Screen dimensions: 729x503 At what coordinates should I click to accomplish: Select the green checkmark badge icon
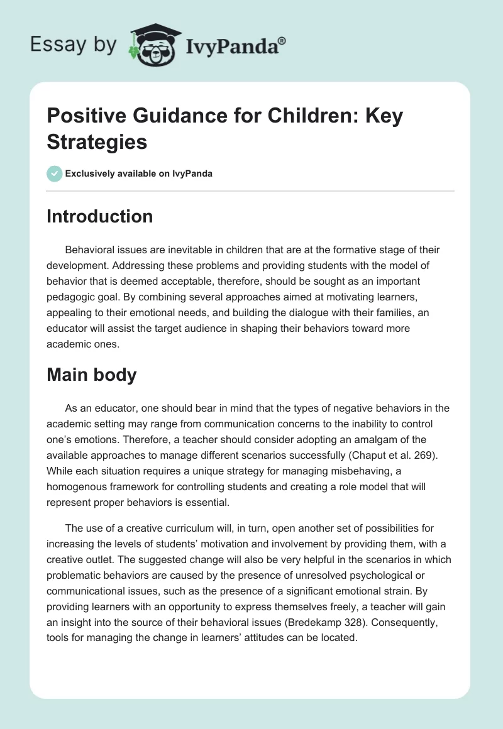55,173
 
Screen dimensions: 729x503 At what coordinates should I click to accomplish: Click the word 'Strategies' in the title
97,141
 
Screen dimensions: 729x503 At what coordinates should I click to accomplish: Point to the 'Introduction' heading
100,216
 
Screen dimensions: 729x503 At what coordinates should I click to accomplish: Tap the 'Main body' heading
92,375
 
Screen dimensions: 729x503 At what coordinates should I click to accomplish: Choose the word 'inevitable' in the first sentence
180,250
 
